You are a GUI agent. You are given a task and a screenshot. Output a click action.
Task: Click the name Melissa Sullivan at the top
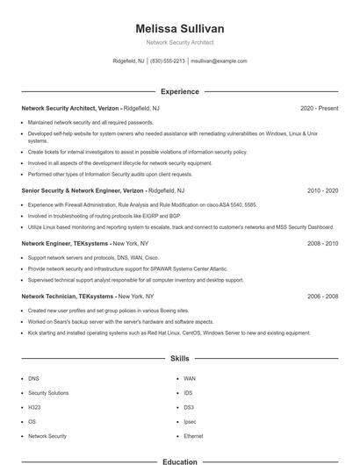pyautogui.click(x=179, y=28)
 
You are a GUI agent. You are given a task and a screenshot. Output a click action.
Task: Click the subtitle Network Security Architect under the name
pyautogui.click(x=179, y=42)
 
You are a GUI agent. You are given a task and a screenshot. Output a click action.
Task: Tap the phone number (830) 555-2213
pyautogui.click(x=168, y=61)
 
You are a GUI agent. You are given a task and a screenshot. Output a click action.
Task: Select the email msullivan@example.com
pyautogui.click(x=219, y=61)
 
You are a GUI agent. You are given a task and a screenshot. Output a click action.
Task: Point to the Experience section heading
pyautogui.click(x=179, y=91)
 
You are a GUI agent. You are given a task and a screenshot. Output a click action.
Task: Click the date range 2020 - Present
pyautogui.click(x=319, y=108)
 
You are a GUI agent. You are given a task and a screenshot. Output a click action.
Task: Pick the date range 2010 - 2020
pyautogui.click(x=322, y=190)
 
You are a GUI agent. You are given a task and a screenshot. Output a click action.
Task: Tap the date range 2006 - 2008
pyautogui.click(x=322, y=297)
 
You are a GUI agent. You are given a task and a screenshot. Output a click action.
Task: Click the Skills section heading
pyautogui.click(x=179, y=359)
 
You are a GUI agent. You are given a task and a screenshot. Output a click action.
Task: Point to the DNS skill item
pyautogui.click(x=33, y=379)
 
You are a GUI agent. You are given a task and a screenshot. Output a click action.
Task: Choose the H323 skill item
pyautogui.click(x=34, y=407)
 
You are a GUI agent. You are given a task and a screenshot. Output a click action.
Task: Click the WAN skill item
pyautogui.click(x=190, y=379)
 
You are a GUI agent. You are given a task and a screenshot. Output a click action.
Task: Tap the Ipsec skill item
pyautogui.click(x=190, y=422)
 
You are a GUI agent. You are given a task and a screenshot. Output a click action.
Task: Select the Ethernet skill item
pyautogui.click(x=193, y=436)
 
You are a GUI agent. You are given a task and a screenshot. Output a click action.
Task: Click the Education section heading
pyautogui.click(x=179, y=461)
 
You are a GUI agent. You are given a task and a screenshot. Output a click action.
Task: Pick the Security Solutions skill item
pyautogui.click(x=48, y=393)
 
